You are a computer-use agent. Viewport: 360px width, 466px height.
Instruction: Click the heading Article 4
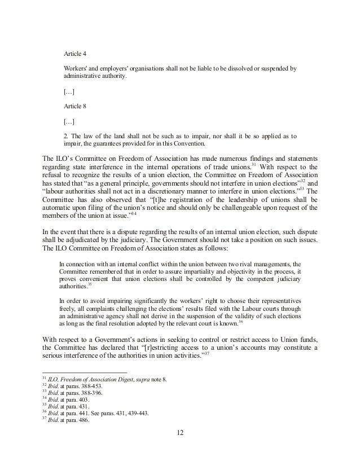pos(74,55)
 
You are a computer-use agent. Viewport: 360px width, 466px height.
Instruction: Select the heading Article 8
pos(74,105)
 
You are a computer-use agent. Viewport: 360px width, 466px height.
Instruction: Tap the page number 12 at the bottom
pos(180,434)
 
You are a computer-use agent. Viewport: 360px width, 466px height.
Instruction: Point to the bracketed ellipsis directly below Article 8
pos(69,121)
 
